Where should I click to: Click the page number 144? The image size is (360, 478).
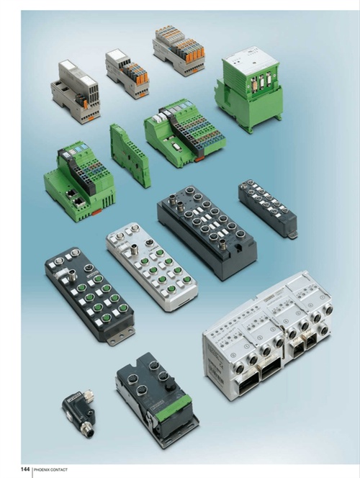25,469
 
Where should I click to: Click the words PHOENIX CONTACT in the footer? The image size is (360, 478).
50,469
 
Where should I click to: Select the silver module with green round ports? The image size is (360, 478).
152,267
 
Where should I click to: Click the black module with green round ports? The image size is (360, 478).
90,294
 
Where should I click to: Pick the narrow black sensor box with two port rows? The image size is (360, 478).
268,208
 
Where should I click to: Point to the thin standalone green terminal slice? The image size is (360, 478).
130,154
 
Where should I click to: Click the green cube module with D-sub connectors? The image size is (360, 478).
248,89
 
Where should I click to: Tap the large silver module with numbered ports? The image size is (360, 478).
268,335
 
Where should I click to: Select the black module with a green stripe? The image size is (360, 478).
157,400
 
